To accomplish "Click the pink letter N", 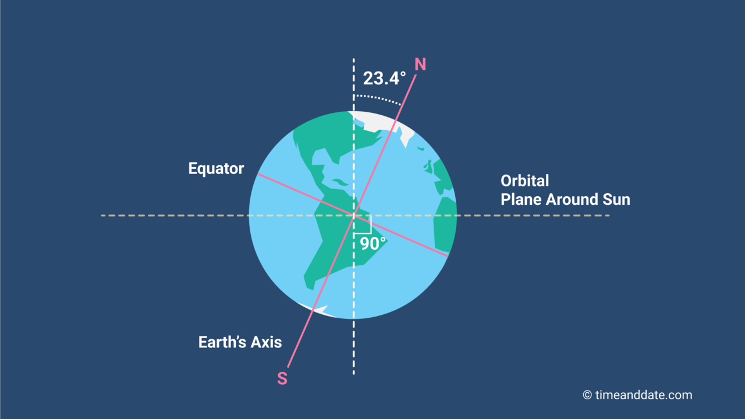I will point(420,64).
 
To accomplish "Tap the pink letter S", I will point(282,378).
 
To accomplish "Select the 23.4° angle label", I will point(384,78).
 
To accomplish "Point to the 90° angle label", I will point(372,243).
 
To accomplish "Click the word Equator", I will point(216,169).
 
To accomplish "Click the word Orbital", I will point(525,181).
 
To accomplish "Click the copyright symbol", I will point(588,395).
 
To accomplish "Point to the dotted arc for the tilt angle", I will point(378,97).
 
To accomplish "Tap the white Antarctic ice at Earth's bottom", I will point(317,310).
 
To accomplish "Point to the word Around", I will point(572,200).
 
